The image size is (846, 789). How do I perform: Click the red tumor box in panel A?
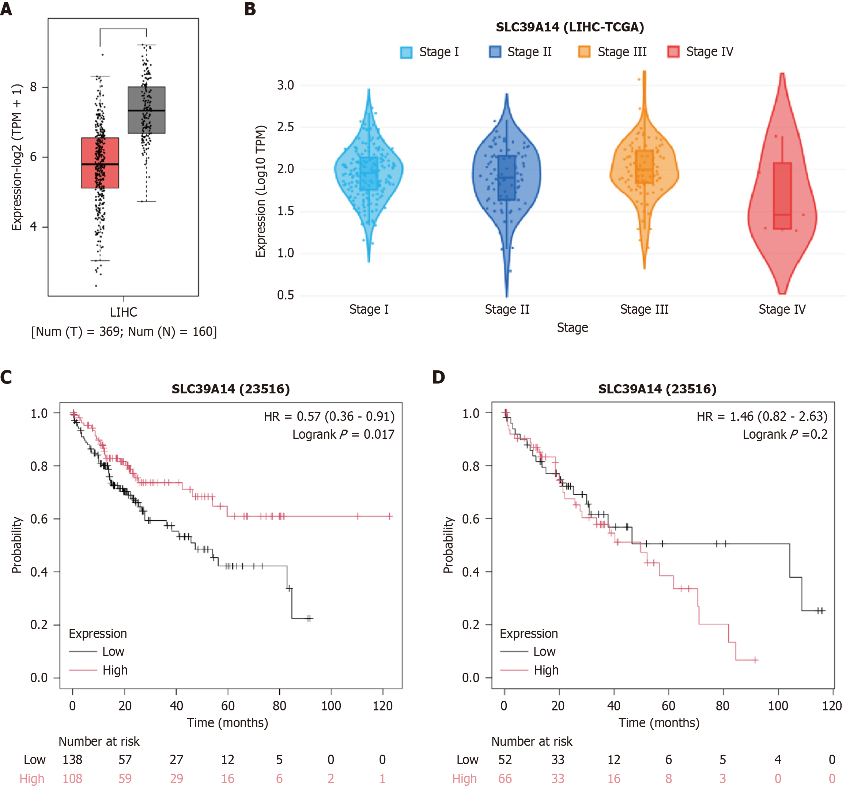pos(100,163)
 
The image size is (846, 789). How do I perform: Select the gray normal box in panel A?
pos(146,110)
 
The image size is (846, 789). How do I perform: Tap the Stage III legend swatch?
pos(584,52)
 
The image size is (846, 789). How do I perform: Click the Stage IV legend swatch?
pos(673,52)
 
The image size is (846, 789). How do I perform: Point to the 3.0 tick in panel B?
pos(286,85)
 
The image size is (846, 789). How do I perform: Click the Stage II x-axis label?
pos(507,309)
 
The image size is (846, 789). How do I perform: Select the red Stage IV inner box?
pos(782,196)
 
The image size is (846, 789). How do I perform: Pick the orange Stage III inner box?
pos(644,167)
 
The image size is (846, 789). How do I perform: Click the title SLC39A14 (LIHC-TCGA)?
pos(570,27)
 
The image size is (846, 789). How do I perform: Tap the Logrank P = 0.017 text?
pos(343,434)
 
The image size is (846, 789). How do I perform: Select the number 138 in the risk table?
pos(72,760)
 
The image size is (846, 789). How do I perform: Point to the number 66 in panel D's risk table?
pos(505,778)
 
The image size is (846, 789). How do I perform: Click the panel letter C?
pos(6,377)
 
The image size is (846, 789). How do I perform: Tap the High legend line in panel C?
pos(83,670)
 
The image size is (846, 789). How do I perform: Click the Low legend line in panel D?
pos(514,652)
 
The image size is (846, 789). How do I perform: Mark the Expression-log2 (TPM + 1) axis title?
pos(16,157)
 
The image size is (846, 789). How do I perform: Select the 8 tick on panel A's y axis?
pos(33,87)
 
